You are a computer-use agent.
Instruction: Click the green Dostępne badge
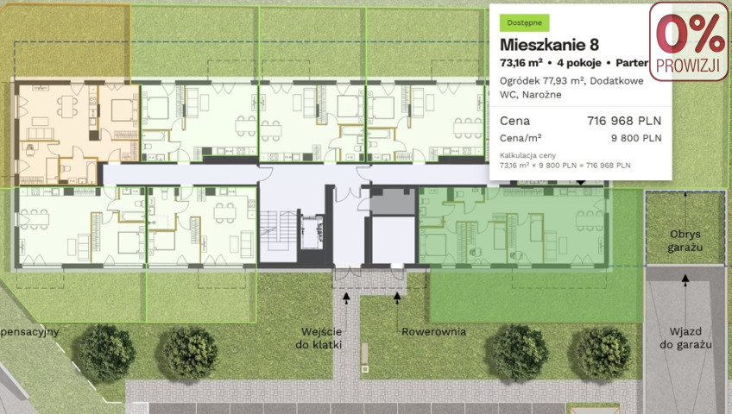(x=524, y=22)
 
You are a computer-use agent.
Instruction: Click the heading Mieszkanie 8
(x=550, y=45)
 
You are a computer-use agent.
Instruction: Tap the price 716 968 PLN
(x=624, y=122)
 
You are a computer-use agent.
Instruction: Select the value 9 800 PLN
(x=636, y=138)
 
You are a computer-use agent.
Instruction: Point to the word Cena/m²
(x=521, y=138)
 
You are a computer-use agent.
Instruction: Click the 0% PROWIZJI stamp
(x=688, y=41)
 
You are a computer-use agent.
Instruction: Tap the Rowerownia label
(x=433, y=332)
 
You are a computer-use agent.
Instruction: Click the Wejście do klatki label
(x=321, y=338)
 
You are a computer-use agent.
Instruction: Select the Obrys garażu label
(x=685, y=241)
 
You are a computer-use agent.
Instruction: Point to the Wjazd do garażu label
(x=685, y=338)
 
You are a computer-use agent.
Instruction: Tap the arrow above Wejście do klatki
(x=346, y=298)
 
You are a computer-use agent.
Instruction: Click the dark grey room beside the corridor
(x=393, y=201)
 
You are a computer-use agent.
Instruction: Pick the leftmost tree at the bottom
(x=106, y=353)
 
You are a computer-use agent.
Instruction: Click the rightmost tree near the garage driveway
(x=604, y=353)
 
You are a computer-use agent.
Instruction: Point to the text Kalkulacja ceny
(x=527, y=155)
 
